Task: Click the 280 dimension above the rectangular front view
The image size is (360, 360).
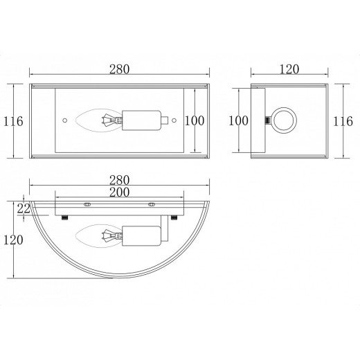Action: pyautogui.click(x=120, y=69)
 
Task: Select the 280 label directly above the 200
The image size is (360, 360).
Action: pyautogui.click(x=120, y=180)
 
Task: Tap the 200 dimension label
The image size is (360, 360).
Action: pyautogui.click(x=120, y=192)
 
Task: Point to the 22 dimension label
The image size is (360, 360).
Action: pyautogui.click(x=24, y=209)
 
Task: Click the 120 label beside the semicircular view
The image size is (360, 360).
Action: pyautogui.click(x=13, y=240)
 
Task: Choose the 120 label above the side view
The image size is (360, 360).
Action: pyautogui.click(x=289, y=69)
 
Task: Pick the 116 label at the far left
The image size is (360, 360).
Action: pyautogui.click(x=13, y=121)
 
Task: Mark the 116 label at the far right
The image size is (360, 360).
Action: pyautogui.click(x=343, y=121)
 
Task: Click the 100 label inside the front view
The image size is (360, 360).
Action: pyautogui.click(x=195, y=120)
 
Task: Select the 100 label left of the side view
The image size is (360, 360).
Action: pyautogui.click(x=238, y=120)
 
